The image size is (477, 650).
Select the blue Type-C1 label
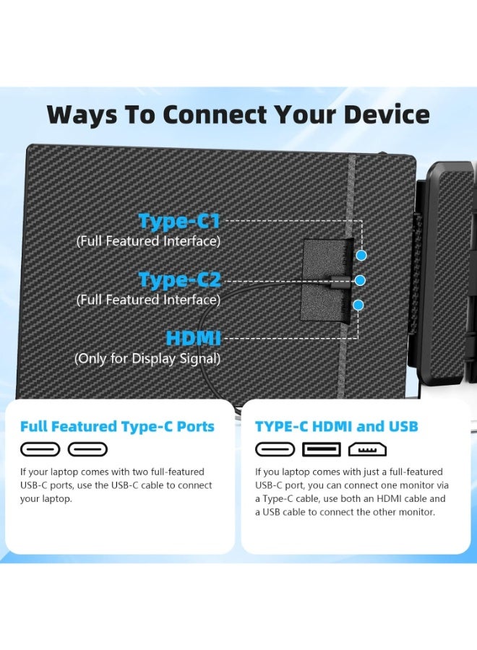(x=179, y=221)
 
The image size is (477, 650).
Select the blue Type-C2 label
(x=179, y=279)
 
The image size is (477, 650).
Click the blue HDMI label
(x=193, y=338)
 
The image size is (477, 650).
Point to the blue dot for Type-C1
(x=361, y=255)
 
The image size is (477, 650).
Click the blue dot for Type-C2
(x=360, y=280)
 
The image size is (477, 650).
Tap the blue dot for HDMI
(x=358, y=305)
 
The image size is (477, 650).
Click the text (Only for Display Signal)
(x=147, y=358)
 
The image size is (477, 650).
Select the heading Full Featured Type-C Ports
(x=117, y=426)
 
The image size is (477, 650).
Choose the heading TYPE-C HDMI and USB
(x=337, y=426)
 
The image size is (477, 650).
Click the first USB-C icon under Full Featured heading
(x=40, y=450)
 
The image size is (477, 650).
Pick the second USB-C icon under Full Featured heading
(x=87, y=450)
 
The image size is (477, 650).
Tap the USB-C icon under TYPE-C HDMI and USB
(x=275, y=450)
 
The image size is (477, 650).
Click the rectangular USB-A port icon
(x=322, y=450)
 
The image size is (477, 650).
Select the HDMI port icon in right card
(x=367, y=450)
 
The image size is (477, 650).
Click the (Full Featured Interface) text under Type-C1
(x=148, y=241)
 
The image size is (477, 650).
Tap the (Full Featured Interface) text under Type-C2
(x=148, y=300)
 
